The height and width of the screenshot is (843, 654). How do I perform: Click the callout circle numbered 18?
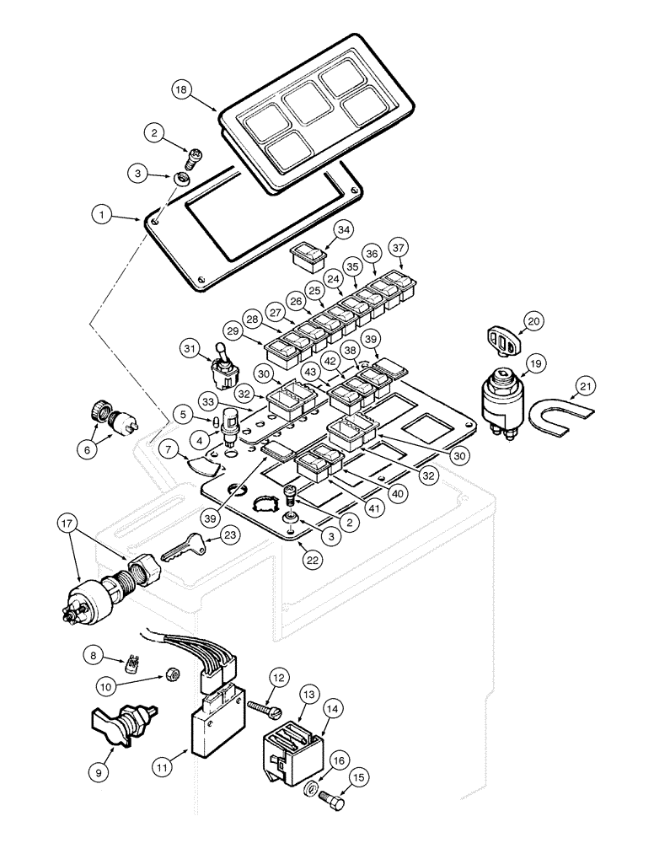coord(181,89)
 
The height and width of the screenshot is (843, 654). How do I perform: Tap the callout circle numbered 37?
coord(398,248)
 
